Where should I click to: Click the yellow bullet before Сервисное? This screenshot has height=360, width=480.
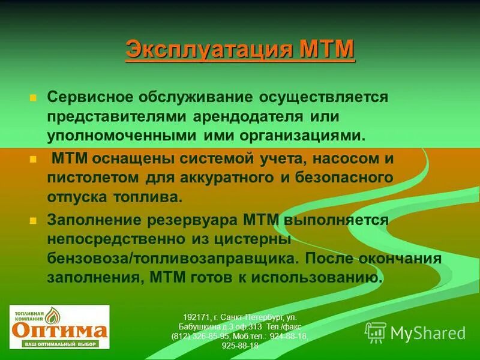[x=34, y=97]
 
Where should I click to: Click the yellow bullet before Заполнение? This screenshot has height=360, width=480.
[x=34, y=220]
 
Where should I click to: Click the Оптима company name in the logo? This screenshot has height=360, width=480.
[x=59, y=330]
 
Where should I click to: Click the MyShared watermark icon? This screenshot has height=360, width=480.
[x=376, y=332]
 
